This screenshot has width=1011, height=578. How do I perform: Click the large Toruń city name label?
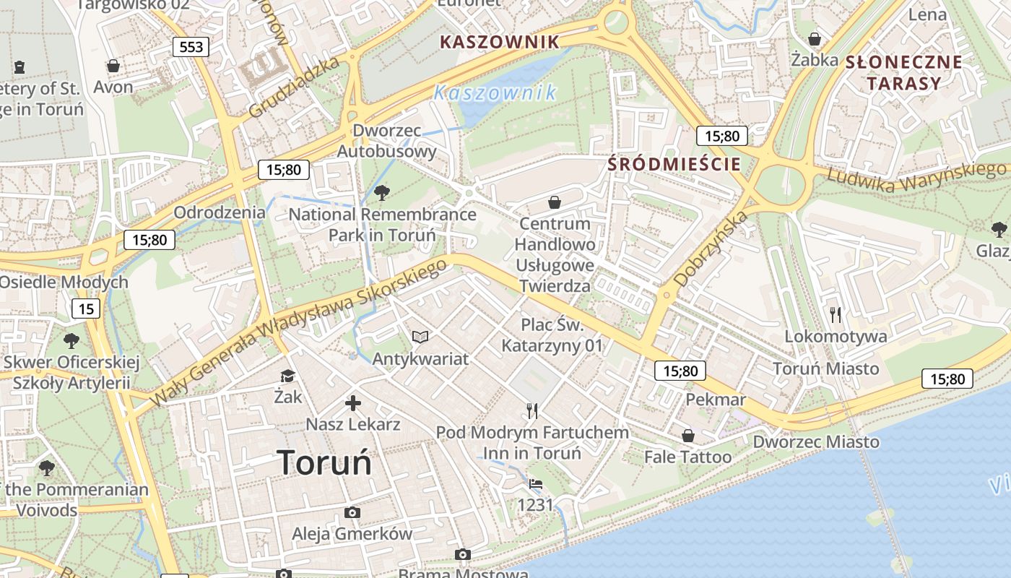[324, 462]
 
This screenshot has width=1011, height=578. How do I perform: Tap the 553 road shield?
[191, 47]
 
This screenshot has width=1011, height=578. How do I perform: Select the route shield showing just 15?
[86, 309]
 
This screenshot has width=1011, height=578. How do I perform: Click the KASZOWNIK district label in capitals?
[500, 42]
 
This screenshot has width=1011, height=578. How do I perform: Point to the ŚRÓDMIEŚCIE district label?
[674, 164]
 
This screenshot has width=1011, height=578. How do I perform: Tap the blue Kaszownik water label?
[495, 92]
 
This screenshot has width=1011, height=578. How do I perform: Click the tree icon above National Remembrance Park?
[382, 192]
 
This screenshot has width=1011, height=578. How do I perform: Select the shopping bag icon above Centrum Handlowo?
[555, 202]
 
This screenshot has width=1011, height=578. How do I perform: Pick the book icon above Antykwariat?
[420, 337]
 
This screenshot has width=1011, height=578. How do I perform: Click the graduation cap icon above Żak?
[287, 376]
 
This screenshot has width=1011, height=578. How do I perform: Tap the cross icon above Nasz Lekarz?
[352, 403]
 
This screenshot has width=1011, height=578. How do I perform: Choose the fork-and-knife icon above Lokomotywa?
[836, 314]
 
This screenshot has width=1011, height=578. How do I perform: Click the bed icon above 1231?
[535, 484]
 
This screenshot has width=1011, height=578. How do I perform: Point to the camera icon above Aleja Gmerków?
[352, 513]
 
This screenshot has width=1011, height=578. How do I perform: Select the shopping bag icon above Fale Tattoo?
[687, 436]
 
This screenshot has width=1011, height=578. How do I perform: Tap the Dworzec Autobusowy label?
[387, 141]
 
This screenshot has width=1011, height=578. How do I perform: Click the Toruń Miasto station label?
[826, 368]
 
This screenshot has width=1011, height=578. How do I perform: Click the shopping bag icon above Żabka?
[815, 38]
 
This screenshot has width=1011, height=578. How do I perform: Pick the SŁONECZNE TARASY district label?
[903, 72]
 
